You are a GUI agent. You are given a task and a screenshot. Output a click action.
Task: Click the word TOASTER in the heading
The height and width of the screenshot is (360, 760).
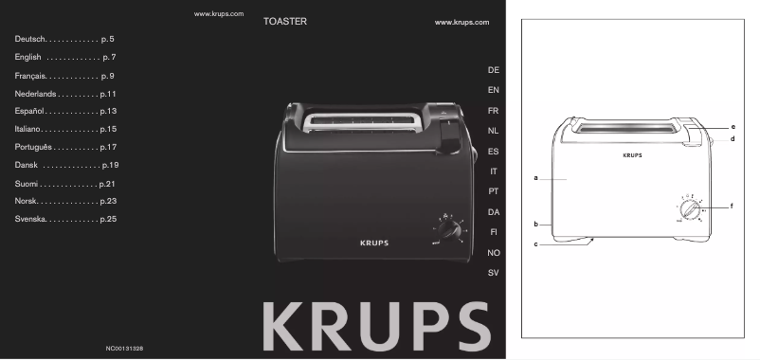(x=285, y=22)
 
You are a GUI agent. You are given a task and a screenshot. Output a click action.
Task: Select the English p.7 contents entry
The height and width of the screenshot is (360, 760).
(x=65, y=57)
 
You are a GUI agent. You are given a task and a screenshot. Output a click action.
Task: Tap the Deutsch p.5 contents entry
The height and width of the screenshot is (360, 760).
(x=64, y=39)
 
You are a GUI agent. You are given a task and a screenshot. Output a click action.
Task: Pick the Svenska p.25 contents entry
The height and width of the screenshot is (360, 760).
(x=65, y=219)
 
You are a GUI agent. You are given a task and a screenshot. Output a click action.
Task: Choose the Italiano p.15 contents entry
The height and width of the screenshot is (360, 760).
(x=65, y=129)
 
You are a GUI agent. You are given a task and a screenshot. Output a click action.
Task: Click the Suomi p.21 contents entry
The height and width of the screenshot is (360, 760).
(x=64, y=184)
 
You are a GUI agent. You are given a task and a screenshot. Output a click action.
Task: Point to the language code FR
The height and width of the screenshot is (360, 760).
(x=493, y=111)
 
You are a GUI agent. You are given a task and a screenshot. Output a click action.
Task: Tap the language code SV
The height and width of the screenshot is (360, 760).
(x=493, y=273)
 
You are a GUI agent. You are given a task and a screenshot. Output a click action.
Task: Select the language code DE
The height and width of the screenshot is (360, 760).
(x=493, y=70)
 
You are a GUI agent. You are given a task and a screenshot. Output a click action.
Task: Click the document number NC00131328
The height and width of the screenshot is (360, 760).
(x=124, y=349)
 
